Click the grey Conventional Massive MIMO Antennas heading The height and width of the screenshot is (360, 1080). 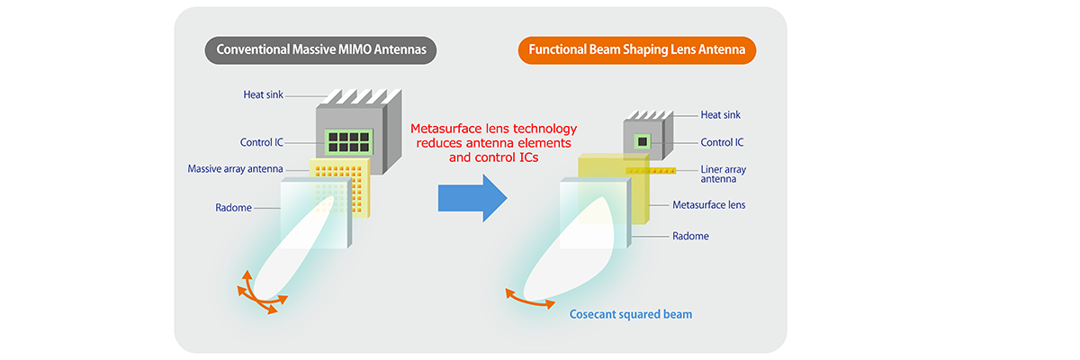pyautogui.click(x=320, y=50)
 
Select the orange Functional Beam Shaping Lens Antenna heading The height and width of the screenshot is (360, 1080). pyautogui.click(x=636, y=50)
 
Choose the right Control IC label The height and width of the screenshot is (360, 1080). pyautogui.click(x=722, y=142)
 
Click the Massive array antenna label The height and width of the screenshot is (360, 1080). pyautogui.click(x=236, y=169)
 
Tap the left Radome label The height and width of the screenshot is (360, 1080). pyautogui.click(x=233, y=208)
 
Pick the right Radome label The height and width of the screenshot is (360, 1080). pyautogui.click(x=691, y=236)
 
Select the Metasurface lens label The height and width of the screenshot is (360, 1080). pyautogui.click(x=709, y=205)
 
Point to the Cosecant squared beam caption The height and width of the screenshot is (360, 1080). pyautogui.click(x=631, y=314)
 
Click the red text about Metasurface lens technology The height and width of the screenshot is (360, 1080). pyautogui.click(x=493, y=142)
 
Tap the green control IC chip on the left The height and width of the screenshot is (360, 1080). pyautogui.click(x=344, y=142)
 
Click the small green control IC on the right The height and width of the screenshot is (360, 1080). pyautogui.click(x=642, y=141)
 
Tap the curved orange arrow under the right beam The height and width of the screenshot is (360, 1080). pyautogui.click(x=530, y=301)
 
